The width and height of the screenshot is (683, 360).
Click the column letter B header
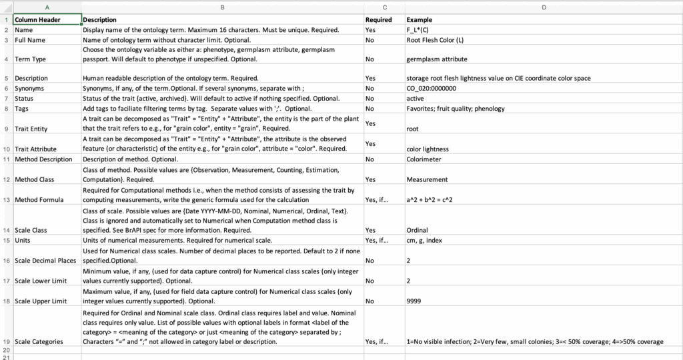(222, 7)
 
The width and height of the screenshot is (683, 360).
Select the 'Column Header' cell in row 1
(38, 20)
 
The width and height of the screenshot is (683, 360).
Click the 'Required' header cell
(379, 20)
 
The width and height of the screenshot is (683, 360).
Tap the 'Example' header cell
(420, 20)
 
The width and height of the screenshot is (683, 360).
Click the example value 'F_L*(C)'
(419, 30)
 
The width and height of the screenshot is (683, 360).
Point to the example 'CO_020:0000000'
(432, 88)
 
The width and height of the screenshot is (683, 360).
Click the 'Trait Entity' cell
(32, 128)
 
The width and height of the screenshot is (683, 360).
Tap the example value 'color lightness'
(428, 149)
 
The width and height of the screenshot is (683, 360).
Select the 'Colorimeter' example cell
(424, 159)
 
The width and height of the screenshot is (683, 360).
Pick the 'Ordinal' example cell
(418, 230)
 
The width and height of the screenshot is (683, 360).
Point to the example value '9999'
(414, 301)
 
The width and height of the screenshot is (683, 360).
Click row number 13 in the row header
(6, 199)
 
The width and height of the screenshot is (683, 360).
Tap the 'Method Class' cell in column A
(35, 179)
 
